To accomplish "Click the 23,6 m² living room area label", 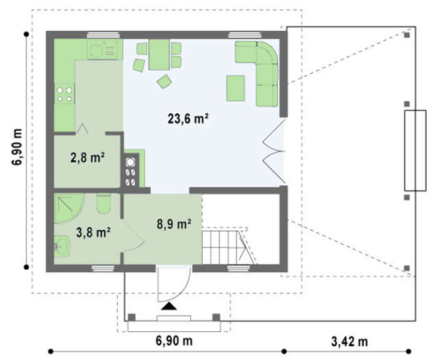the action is point(188,118).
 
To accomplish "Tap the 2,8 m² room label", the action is point(88,157).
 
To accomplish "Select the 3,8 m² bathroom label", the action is point(93,232).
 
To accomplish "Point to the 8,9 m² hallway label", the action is point(174,224).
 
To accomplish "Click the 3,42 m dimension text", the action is point(349,341).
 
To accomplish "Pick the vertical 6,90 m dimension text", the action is point(18,147).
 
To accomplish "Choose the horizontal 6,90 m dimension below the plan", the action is point(174,341).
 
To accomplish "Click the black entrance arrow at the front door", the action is point(169,306).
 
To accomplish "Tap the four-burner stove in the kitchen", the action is point(64,94).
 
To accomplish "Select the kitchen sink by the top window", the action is point(102,49).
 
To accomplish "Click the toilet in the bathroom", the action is point(103,203).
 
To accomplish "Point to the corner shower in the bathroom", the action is point(69,208).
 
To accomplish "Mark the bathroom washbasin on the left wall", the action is point(62,246).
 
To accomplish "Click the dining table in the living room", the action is point(159,54).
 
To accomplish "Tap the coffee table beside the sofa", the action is point(235,88).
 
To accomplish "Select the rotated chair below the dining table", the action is point(164,81).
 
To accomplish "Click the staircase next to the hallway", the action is point(228,246).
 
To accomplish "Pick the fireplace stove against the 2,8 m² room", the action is point(131,170).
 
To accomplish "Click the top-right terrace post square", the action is point(407,35).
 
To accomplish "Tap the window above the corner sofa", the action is point(245,35).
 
